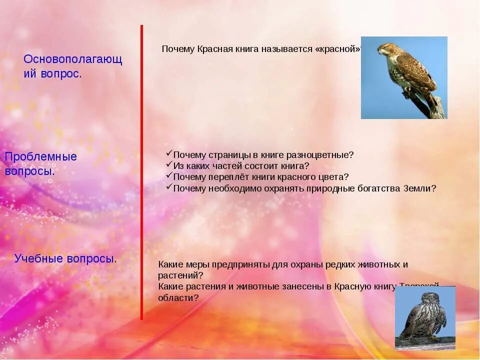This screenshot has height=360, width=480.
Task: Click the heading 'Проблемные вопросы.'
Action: coord(41,164)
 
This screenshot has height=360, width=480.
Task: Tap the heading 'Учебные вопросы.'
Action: coord(65,258)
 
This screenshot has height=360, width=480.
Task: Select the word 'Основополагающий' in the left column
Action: coord(73,59)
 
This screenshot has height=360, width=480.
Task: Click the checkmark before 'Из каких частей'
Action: coord(169,165)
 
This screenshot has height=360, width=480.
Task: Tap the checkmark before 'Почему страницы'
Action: coord(169,154)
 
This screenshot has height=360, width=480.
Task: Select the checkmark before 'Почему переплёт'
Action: coord(169,176)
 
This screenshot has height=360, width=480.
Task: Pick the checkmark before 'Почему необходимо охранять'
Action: coord(169,187)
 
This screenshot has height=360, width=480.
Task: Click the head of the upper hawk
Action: coord(385,48)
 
